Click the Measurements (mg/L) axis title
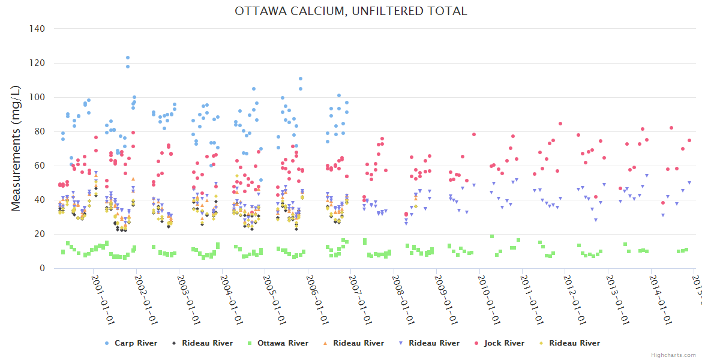click(16, 148)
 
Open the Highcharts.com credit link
click(674, 355)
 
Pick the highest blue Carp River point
click(128, 58)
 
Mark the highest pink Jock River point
click(560, 124)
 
